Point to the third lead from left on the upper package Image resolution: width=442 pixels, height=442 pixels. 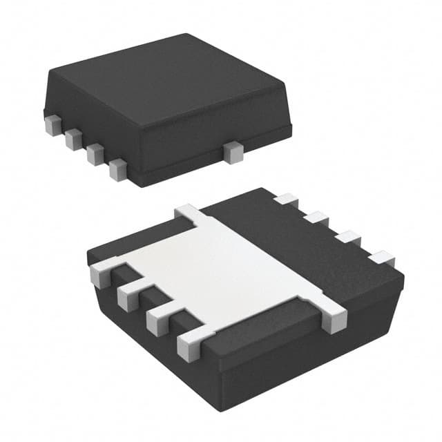[x=95, y=153]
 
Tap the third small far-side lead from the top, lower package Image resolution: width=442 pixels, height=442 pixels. [x=348, y=238]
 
